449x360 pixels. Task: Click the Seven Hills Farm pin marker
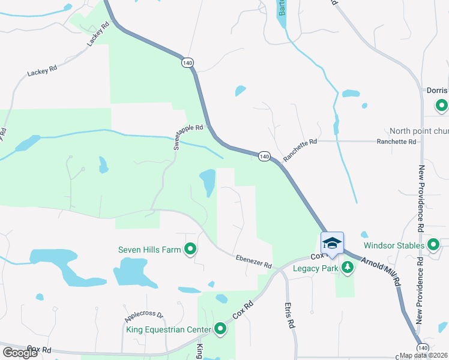[x=191, y=248]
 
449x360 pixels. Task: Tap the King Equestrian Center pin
[x=220, y=328]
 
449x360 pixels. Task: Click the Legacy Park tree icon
[x=346, y=267]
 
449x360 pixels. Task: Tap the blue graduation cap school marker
[x=332, y=242]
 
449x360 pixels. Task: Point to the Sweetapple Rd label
[x=190, y=137]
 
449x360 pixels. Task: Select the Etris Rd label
[x=291, y=315]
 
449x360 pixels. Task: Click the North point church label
[x=418, y=131]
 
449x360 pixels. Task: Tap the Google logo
[x=20, y=353]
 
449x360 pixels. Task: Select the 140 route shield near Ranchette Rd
[x=264, y=156]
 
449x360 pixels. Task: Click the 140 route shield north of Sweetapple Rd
[x=188, y=62]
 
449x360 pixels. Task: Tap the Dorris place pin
[x=442, y=106]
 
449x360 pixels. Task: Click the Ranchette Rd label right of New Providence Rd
[x=396, y=142]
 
